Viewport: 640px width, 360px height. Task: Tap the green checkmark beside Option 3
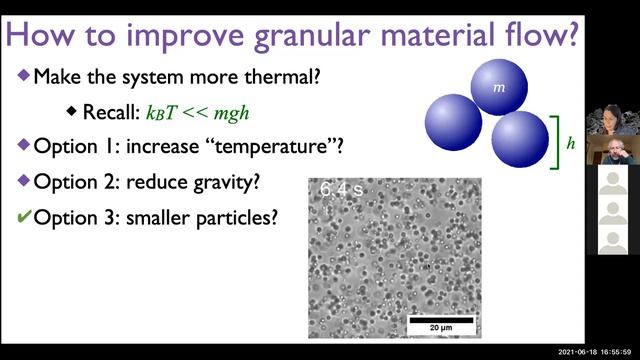[x=23, y=217]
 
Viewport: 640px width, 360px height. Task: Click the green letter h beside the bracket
[x=570, y=143]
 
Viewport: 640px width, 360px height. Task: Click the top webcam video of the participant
[x=612, y=120]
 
